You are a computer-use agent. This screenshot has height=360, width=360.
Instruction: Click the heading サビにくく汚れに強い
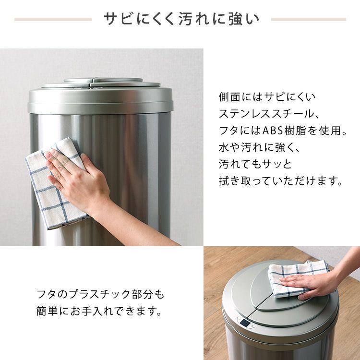click(x=181, y=19)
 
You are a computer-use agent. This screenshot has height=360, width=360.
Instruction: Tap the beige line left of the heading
click(x=53, y=20)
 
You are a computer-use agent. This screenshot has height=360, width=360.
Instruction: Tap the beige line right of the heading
click(x=309, y=20)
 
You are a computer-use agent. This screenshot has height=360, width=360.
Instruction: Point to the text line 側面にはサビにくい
click(x=267, y=97)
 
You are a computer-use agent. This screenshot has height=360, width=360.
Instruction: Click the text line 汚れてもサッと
click(x=255, y=164)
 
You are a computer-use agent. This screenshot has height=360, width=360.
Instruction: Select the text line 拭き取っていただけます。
click(x=281, y=181)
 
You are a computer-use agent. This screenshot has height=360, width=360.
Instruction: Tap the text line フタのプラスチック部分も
click(x=101, y=294)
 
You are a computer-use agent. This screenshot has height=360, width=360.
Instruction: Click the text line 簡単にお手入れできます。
click(x=99, y=312)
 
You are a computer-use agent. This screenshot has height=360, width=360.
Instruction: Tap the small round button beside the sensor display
click(x=252, y=325)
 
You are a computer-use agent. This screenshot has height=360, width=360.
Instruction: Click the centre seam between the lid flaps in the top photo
click(x=91, y=83)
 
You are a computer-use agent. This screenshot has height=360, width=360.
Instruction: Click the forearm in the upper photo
click(x=138, y=226)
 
